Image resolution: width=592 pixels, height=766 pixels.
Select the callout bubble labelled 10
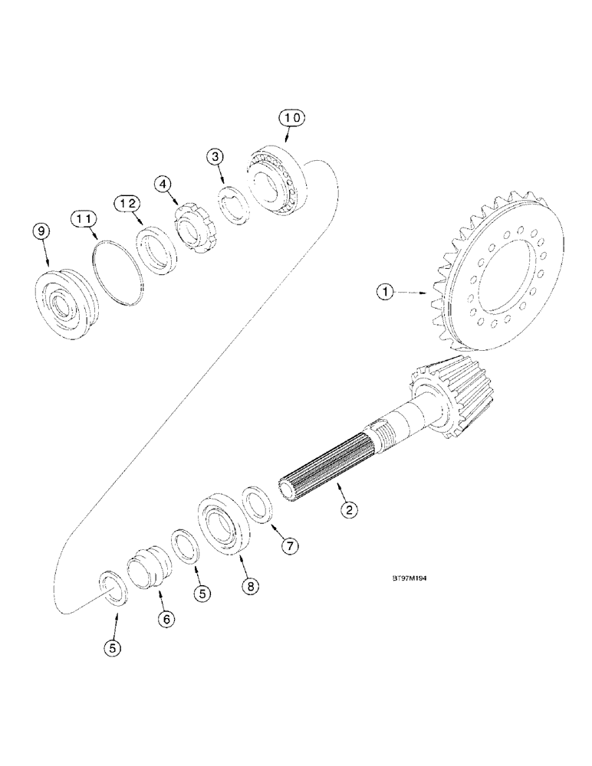(291, 118)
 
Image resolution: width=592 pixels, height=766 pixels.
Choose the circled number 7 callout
(288, 546)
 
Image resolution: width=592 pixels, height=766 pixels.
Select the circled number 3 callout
(215, 158)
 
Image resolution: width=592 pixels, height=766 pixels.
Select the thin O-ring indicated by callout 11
(118, 271)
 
